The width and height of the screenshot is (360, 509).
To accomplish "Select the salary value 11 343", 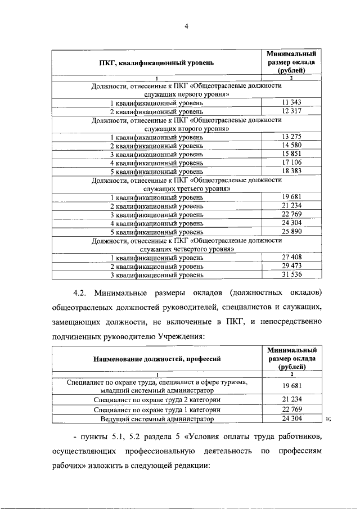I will tap(291, 102).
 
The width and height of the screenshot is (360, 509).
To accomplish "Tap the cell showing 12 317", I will tap(291, 111).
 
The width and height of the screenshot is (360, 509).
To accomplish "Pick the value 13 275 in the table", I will tap(291, 137).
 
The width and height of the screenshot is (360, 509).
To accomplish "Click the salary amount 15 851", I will tap(291, 154).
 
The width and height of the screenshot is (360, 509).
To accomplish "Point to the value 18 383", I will tap(291, 171).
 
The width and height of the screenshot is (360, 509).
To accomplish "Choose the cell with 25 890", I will tap(291, 231).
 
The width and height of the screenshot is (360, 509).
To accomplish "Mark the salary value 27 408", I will tap(291, 256).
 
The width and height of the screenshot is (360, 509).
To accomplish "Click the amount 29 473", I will tap(291, 265).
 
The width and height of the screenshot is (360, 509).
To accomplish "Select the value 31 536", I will tap(291, 274).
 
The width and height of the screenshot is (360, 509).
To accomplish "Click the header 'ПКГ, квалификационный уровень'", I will tap(156, 63).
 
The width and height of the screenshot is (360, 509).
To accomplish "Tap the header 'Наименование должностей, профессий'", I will tap(156, 358).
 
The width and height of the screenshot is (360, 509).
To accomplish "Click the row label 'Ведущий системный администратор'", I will tap(157, 419).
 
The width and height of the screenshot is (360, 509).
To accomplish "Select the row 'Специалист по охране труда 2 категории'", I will tap(157, 399).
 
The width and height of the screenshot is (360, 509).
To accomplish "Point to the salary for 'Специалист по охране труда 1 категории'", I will tap(291, 409).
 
